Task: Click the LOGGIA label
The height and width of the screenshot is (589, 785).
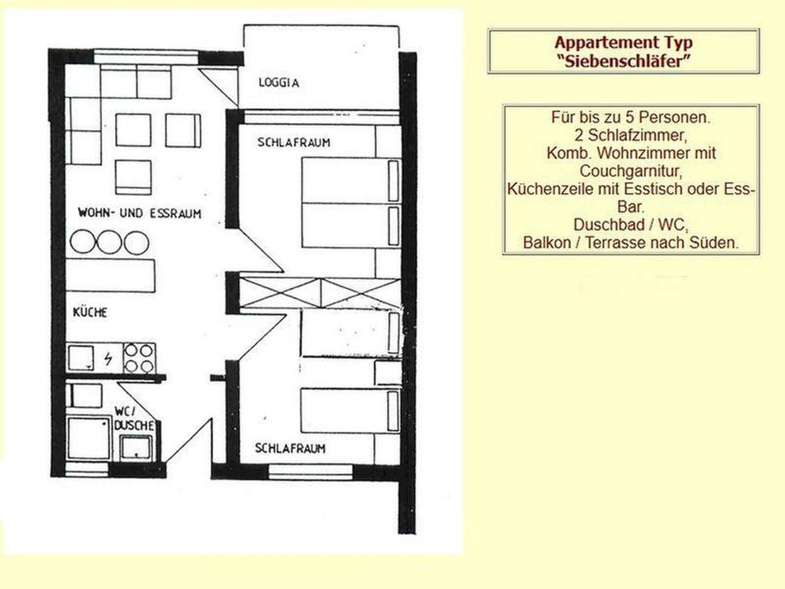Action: (x=279, y=83)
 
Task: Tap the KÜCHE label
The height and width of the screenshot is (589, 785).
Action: (x=90, y=312)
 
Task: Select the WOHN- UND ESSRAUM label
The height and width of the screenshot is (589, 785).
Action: (x=139, y=213)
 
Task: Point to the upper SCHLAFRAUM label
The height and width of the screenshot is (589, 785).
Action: (x=294, y=143)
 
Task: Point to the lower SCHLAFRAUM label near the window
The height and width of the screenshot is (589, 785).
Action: (x=290, y=448)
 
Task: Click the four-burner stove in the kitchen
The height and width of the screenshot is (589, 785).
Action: (x=139, y=358)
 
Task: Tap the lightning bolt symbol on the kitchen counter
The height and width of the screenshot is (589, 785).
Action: (x=108, y=359)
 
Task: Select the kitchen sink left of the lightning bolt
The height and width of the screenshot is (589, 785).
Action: (x=81, y=358)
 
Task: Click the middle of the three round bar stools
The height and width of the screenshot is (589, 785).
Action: (x=109, y=242)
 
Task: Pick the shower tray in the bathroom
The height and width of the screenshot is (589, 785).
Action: (x=89, y=438)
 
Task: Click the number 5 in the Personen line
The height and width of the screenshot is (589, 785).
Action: (x=629, y=117)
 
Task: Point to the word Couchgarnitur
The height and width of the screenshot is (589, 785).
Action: (x=631, y=171)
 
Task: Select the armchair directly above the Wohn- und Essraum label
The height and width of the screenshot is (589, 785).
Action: (x=133, y=177)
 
